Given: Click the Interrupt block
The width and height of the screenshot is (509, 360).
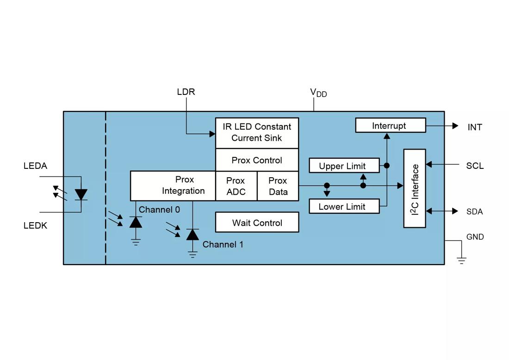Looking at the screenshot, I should [x=390, y=125].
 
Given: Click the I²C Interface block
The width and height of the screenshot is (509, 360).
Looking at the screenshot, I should [x=415, y=188].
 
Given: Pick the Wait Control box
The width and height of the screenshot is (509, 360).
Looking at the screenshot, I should [x=257, y=223].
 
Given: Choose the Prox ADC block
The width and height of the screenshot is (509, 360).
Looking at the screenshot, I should [x=236, y=186].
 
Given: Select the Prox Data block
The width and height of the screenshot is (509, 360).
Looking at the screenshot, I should [x=278, y=186].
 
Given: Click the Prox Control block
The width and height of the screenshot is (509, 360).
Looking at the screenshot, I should [x=257, y=160].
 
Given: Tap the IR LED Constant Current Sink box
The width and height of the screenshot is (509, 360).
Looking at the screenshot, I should [x=257, y=132].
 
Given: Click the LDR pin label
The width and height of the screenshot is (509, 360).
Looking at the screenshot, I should [x=186, y=92].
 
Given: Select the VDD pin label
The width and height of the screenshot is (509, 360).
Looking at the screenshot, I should [x=318, y=93].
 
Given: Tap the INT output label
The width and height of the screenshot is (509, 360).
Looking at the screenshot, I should [x=475, y=127].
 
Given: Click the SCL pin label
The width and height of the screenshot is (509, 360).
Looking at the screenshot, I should [x=475, y=166].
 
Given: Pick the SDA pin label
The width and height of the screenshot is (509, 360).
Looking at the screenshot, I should [x=474, y=211].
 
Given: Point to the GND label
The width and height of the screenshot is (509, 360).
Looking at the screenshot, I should [x=475, y=237].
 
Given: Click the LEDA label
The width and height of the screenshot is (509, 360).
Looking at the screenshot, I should [x=35, y=166].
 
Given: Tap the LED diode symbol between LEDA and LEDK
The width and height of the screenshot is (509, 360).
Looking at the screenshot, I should [x=81, y=194].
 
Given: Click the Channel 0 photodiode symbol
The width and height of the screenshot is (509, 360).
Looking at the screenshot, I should [x=136, y=222].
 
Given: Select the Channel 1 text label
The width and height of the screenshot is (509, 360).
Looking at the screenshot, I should [x=223, y=244].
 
